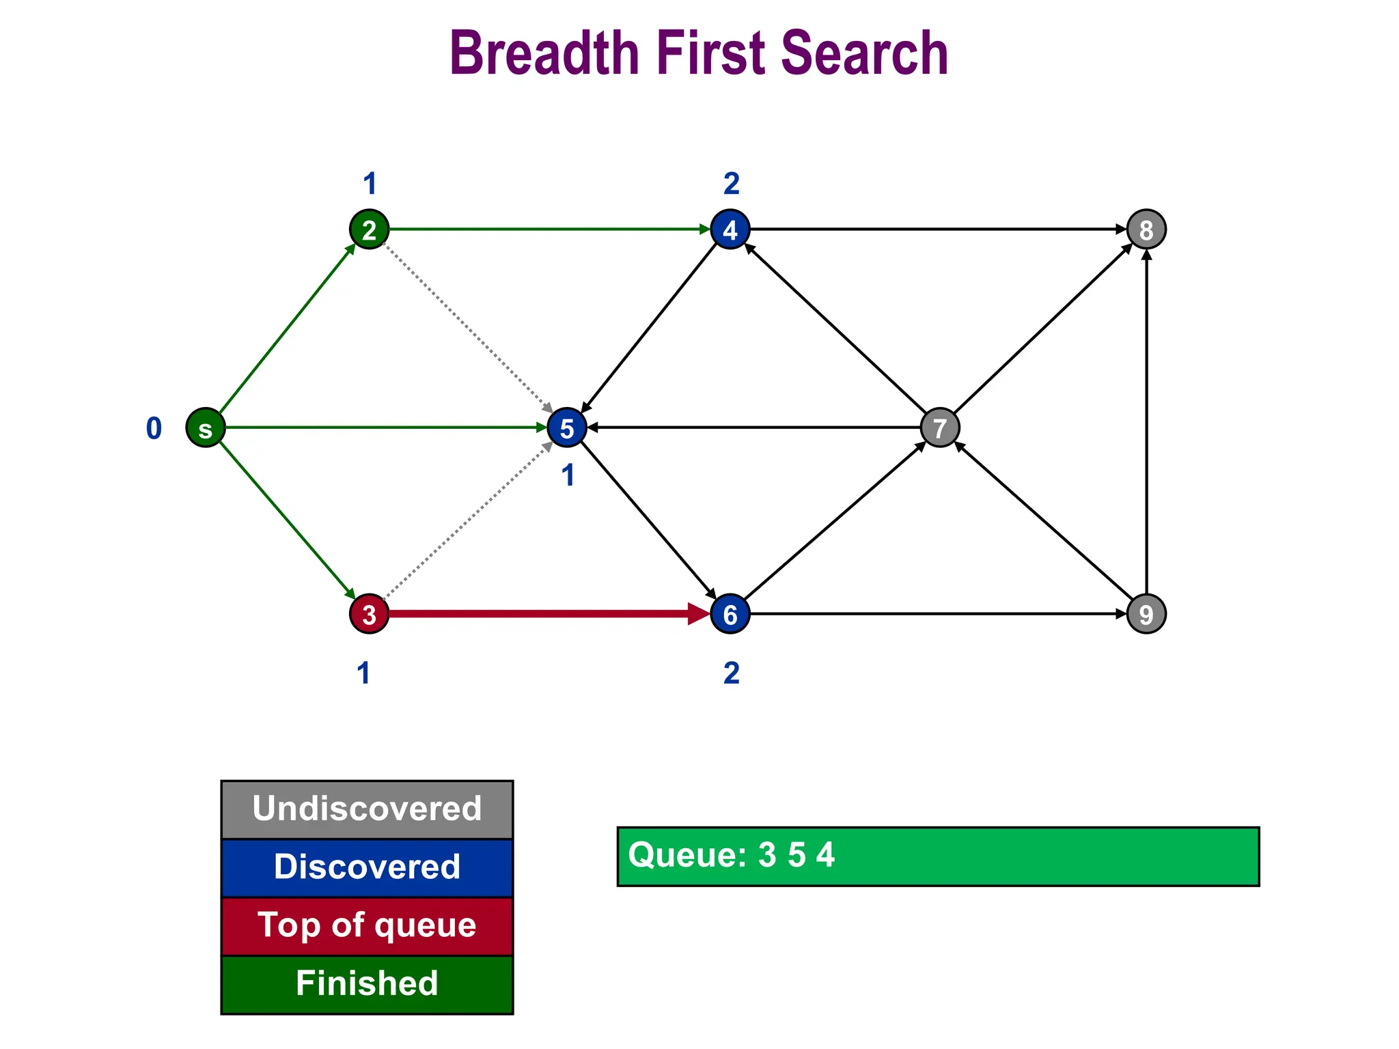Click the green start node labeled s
tap(206, 428)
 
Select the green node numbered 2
tap(369, 229)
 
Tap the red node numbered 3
tap(369, 614)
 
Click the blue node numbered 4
tap(730, 229)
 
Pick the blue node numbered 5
tap(567, 428)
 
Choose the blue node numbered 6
tap(730, 614)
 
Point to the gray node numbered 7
tap(940, 428)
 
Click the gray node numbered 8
tap(1146, 229)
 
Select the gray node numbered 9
tap(1146, 614)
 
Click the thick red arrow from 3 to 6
tap(546, 614)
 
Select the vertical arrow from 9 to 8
tap(1146, 423)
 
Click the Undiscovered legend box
tap(367, 809)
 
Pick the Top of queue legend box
tap(367, 926)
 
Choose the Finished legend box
tap(367, 984)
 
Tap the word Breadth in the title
tap(544, 53)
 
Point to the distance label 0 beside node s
tap(154, 428)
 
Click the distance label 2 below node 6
tap(731, 673)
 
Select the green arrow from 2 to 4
tap(546, 229)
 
